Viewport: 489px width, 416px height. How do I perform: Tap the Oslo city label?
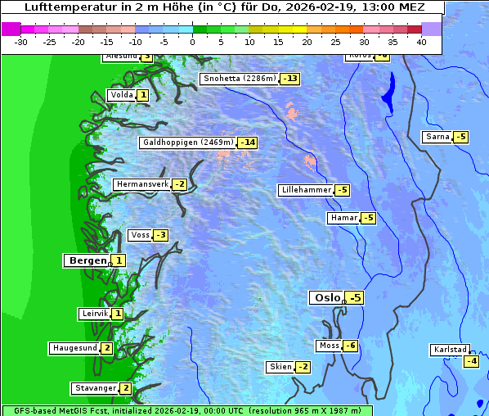pyautogui.click(x=327, y=297)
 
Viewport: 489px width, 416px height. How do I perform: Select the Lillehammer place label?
pyautogui.click(x=306, y=190)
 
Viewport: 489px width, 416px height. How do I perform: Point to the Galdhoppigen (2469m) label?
pyautogui.click(x=188, y=142)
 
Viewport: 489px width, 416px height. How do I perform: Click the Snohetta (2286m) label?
pyautogui.click(x=240, y=79)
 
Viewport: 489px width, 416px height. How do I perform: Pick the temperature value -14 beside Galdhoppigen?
pyautogui.click(x=248, y=142)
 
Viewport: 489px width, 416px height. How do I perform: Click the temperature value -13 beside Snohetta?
pyautogui.click(x=290, y=79)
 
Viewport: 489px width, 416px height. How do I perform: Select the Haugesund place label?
pyautogui.click(x=74, y=348)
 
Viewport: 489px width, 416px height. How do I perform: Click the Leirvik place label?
pyautogui.click(x=94, y=314)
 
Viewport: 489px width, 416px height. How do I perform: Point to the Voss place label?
pyautogui.click(x=140, y=235)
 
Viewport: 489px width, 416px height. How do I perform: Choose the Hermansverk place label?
pyautogui.click(x=141, y=184)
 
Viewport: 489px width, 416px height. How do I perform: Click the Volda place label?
pyautogui.click(x=121, y=95)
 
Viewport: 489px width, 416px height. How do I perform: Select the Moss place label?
pyautogui.click(x=329, y=346)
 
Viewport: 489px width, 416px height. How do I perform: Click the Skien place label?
pyautogui.click(x=280, y=366)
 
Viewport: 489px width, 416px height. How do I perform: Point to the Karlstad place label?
pyautogui.click(x=450, y=350)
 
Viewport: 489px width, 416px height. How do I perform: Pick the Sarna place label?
pyautogui.click(x=437, y=137)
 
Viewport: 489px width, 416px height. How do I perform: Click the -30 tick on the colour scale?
pyautogui.click(x=21, y=41)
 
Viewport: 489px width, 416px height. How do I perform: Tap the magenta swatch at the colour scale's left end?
pyautogui.click(x=11, y=29)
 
